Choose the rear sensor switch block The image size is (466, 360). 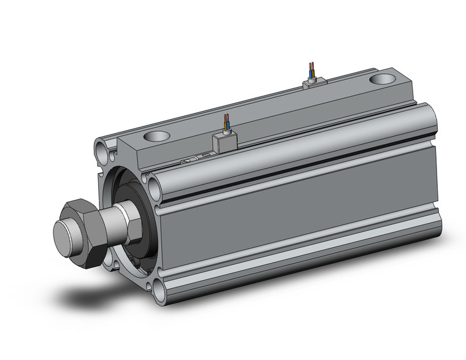[x=315, y=83]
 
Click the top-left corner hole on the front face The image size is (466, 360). [x=101, y=148]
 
